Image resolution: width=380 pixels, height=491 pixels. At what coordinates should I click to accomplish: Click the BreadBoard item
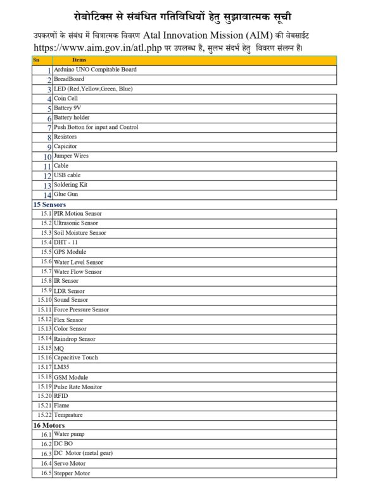(69, 79)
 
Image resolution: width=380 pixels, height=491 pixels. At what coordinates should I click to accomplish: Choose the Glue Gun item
(66, 194)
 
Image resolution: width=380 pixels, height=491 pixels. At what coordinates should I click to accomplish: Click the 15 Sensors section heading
(49, 204)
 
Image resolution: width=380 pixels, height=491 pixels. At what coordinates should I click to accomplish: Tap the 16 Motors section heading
(49, 425)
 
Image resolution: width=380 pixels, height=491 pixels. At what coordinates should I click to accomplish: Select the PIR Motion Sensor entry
(77, 214)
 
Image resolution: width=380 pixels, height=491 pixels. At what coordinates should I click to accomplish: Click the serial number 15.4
(46, 242)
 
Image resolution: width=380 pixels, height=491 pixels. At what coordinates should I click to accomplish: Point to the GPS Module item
(70, 252)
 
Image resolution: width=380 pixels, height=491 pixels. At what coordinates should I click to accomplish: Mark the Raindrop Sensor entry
(75, 339)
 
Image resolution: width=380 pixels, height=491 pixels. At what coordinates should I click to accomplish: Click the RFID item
(61, 395)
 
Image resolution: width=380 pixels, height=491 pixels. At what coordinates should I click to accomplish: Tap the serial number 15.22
(44, 415)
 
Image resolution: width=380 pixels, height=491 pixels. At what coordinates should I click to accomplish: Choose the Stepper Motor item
(72, 473)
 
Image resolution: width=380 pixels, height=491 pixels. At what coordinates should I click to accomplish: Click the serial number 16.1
(46, 435)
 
